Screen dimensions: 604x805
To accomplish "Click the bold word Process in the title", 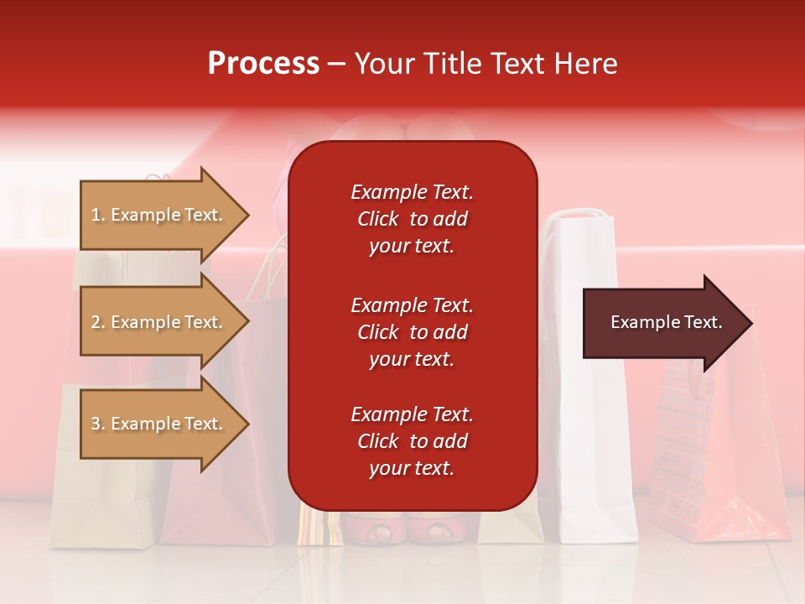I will click(x=263, y=63).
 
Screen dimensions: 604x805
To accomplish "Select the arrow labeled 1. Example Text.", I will click(x=159, y=215).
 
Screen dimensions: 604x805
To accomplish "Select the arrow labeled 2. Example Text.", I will click(x=159, y=322).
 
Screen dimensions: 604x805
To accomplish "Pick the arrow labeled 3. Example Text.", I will click(x=159, y=424).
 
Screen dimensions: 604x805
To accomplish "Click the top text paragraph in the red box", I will click(x=412, y=219).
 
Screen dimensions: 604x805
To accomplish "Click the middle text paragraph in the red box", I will click(x=412, y=332).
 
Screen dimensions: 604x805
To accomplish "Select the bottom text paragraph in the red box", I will click(x=412, y=441).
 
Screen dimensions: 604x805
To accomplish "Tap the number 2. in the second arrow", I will click(x=98, y=322).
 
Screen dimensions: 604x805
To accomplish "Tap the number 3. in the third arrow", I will click(x=98, y=424).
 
